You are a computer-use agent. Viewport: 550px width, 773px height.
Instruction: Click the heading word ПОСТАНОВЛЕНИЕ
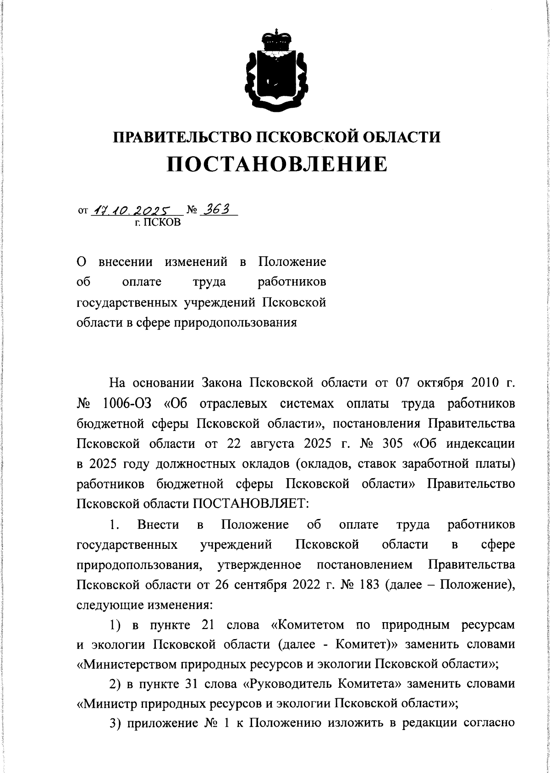click(x=276, y=164)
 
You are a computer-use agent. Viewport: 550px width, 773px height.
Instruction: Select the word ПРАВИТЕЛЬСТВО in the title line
click(x=182, y=137)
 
